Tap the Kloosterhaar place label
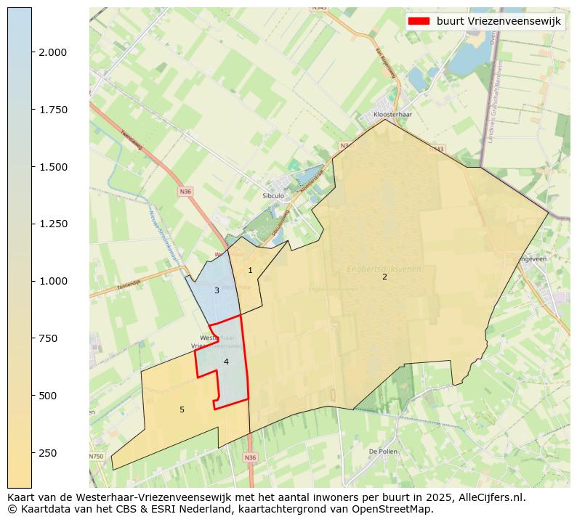point(392,115)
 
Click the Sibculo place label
point(273,196)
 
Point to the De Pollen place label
point(382,451)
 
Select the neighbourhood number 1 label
point(250,271)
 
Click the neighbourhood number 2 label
point(384,277)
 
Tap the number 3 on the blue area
point(217,290)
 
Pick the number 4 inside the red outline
point(226,362)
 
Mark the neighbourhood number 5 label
point(182,409)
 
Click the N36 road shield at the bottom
point(250,457)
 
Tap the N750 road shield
point(97,456)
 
